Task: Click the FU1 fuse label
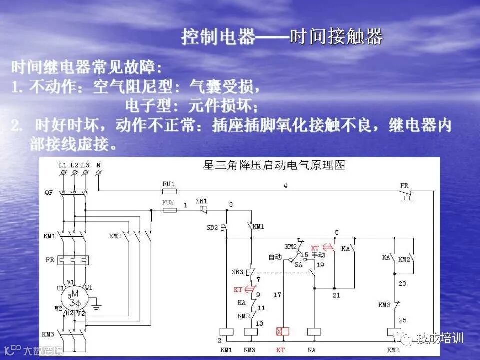pos(169,184)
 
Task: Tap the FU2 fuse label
pos(169,202)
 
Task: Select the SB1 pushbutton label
pos(201,201)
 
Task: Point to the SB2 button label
pos(212,227)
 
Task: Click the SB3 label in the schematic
pos(237,272)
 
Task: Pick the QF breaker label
pos(49,192)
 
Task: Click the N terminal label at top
pos(98,164)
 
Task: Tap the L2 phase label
pos(74,164)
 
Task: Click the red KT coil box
pos(283,332)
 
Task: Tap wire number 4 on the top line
pos(285,185)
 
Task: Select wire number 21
pos(336,295)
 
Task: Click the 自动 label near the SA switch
pos(275,257)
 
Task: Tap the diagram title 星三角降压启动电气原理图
pos(274,165)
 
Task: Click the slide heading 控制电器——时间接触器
pos(282,36)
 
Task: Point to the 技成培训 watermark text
pos(440,338)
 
